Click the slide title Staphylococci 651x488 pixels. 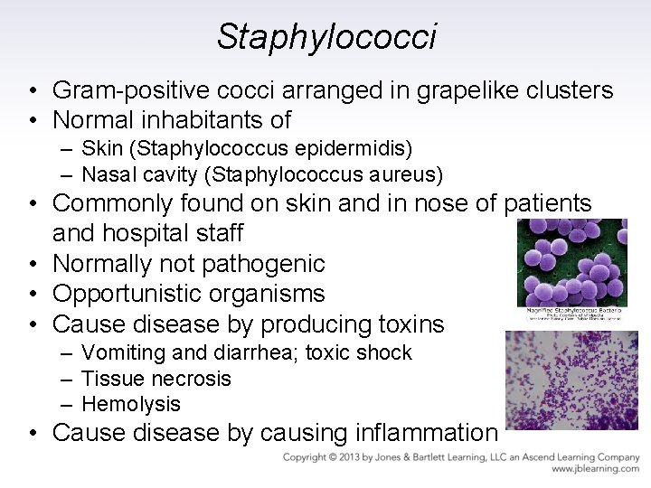pos(326,36)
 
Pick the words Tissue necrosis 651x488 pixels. pos(156,379)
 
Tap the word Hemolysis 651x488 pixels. pos(131,404)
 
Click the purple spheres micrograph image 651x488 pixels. pos(571,263)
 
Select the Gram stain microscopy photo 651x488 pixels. pos(571,380)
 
